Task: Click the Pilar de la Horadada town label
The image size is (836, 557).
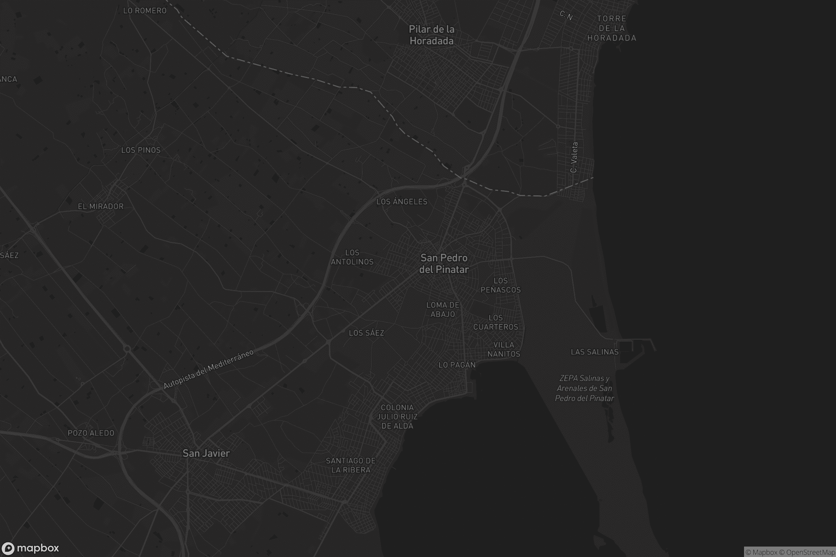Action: (432, 35)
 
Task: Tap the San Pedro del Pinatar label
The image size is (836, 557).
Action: (444, 264)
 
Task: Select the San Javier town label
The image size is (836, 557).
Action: (206, 453)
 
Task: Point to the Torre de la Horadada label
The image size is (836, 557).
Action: (612, 29)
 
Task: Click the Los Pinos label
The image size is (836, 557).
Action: (141, 150)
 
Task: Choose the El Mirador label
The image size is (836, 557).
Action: (101, 206)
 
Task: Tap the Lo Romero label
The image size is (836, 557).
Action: (145, 11)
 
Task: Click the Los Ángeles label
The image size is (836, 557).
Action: (402, 202)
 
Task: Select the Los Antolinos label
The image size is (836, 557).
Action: (352, 257)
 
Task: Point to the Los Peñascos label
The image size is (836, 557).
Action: (501, 285)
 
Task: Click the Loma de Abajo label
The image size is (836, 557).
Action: (442, 309)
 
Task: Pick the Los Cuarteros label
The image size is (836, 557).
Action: (495, 322)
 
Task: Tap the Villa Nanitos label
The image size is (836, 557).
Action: (504, 349)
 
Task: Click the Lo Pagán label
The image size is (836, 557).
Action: (457, 365)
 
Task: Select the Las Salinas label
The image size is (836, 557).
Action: (595, 352)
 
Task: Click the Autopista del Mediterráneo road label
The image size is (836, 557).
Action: (209, 369)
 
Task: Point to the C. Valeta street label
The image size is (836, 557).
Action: (574, 157)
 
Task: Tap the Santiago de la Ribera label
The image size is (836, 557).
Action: (351, 465)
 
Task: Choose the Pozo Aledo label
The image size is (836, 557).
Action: (91, 433)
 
